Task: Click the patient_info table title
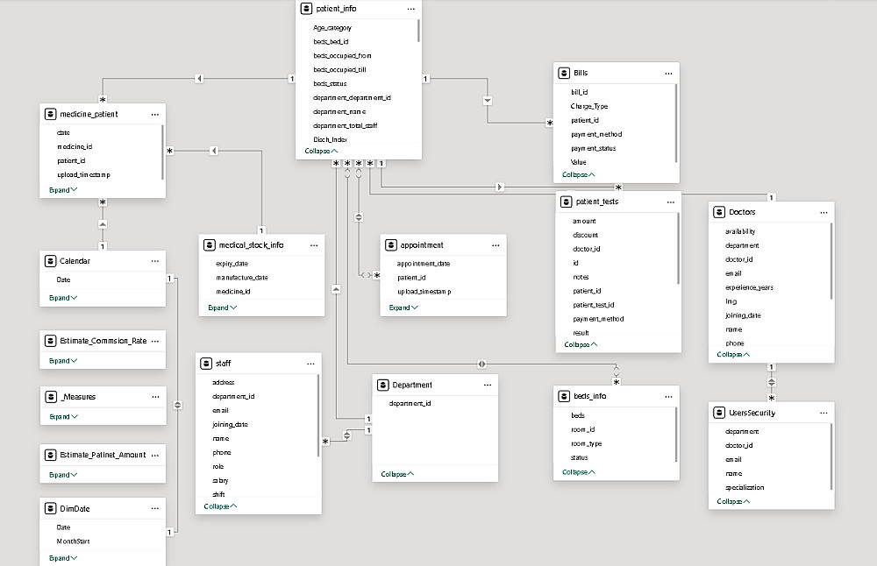pyautogui.click(x=336, y=9)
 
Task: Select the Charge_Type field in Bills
pyautogui.click(x=588, y=106)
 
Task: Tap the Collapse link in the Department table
pyautogui.click(x=396, y=474)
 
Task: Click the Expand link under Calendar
pyautogui.click(x=63, y=298)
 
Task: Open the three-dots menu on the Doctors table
pyautogui.click(x=824, y=212)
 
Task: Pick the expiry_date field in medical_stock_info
pyautogui.click(x=232, y=264)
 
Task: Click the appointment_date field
pyautogui.click(x=424, y=264)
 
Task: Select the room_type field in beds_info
pyautogui.click(x=586, y=444)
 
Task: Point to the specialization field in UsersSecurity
pyautogui.click(x=745, y=487)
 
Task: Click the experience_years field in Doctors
pyautogui.click(x=748, y=287)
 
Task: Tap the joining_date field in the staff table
pyautogui.click(x=230, y=425)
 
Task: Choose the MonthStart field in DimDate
pyautogui.click(x=74, y=541)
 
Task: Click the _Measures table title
pyautogui.click(x=79, y=397)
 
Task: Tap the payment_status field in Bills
pyautogui.click(x=593, y=148)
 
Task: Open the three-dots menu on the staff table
pyautogui.click(x=310, y=363)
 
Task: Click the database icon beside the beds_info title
pyautogui.click(x=564, y=396)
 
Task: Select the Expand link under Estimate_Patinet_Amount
pyautogui.click(x=63, y=475)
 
